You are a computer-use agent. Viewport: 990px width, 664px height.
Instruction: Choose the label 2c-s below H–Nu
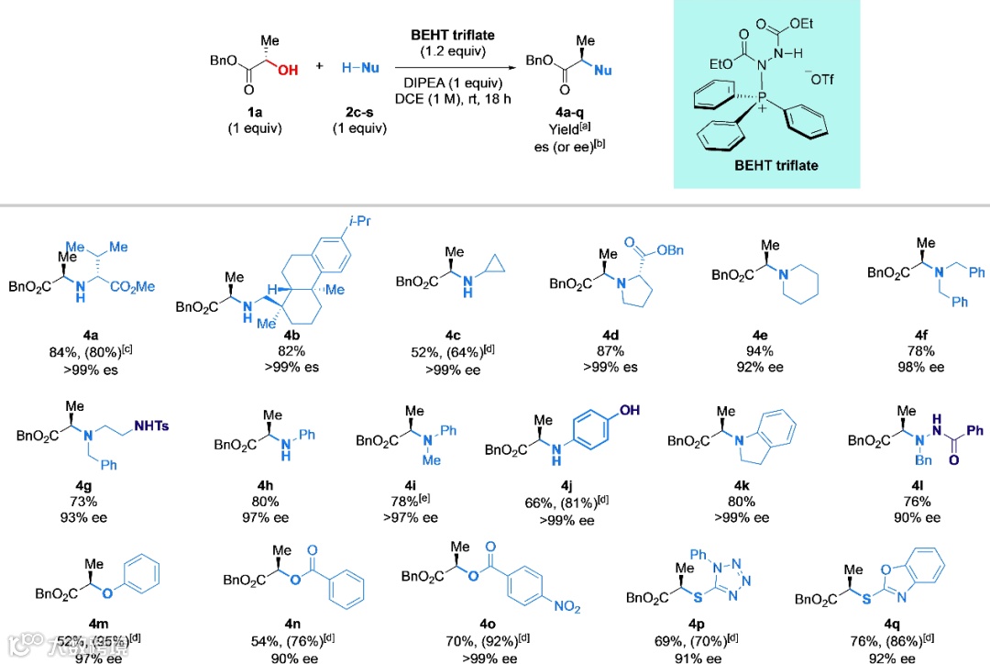point(358,112)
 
